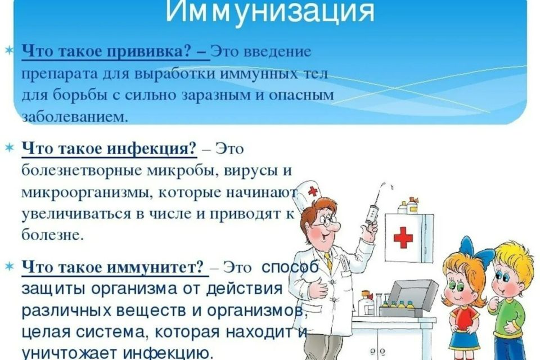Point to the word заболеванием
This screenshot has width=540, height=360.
point(70,117)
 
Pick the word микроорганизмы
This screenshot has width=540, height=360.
point(87,193)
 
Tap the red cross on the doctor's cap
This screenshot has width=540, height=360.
point(313,191)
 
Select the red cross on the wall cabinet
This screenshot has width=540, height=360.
point(403,237)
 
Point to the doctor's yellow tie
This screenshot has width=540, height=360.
point(328,261)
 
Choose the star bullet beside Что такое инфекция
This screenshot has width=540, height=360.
point(8,148)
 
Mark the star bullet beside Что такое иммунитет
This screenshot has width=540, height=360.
point(8,267)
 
